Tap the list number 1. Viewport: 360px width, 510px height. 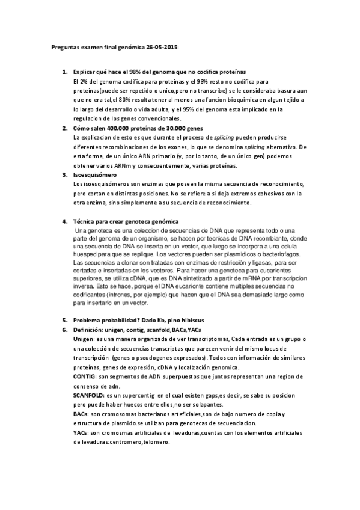[x=65, y=72]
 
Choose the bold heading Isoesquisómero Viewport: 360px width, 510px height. [x=94, y=175]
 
